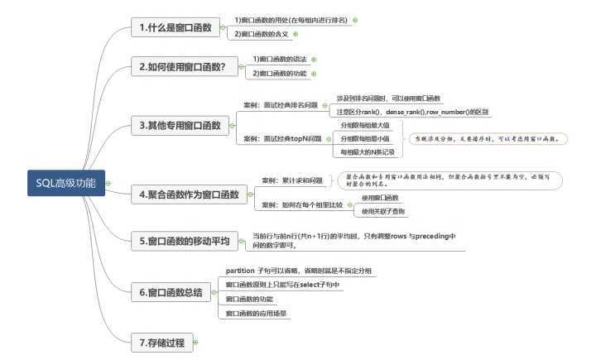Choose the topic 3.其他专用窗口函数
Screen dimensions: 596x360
180,126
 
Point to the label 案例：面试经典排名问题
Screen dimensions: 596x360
281,105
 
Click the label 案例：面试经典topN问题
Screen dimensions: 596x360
282,138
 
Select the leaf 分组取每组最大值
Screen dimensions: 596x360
370,125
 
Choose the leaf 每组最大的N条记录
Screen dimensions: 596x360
369,152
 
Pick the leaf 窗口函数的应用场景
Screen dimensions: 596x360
256,314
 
